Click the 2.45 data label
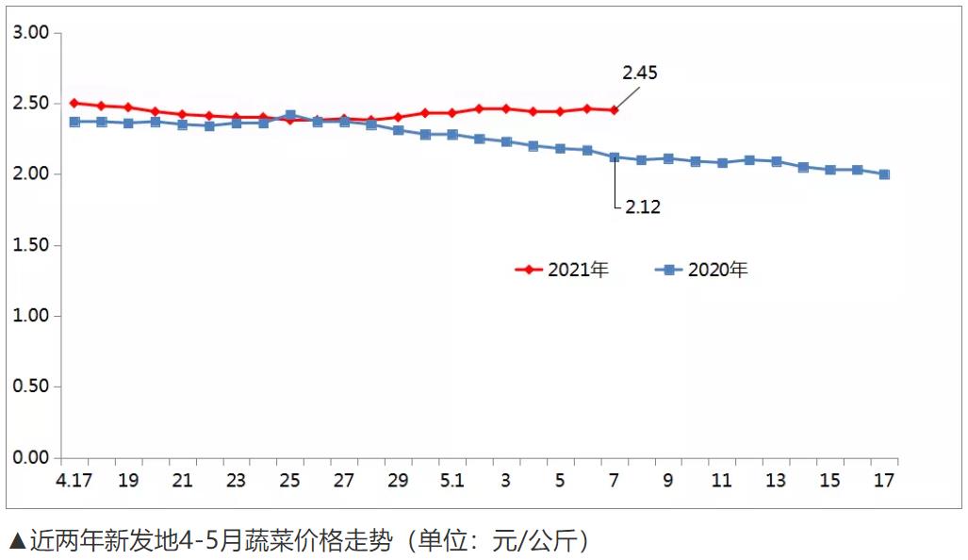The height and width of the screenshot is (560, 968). [639, 73]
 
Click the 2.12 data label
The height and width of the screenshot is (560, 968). [643, 207]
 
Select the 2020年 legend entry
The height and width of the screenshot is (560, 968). [702, 270]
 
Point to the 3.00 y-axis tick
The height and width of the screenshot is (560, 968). [31, 33]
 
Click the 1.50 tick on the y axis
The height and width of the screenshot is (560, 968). [31, 245]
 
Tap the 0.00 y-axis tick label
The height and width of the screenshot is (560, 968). [31, 458]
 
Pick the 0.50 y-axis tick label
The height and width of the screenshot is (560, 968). [31, 387]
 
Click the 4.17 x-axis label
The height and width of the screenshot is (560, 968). [74, 480]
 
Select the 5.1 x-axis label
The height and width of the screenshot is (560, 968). [452, 480]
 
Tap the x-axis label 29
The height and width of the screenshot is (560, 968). [398, 480]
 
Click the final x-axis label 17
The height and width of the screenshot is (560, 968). [883, 480]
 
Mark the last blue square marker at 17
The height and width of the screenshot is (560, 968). [884, 174]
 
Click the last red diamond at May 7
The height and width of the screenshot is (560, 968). [615, 110]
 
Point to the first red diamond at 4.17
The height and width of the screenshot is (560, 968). [74, 103]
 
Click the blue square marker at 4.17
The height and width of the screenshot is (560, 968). [74, 122]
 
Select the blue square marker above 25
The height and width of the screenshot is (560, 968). [290, 115]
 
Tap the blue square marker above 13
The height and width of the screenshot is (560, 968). [776, 161]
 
